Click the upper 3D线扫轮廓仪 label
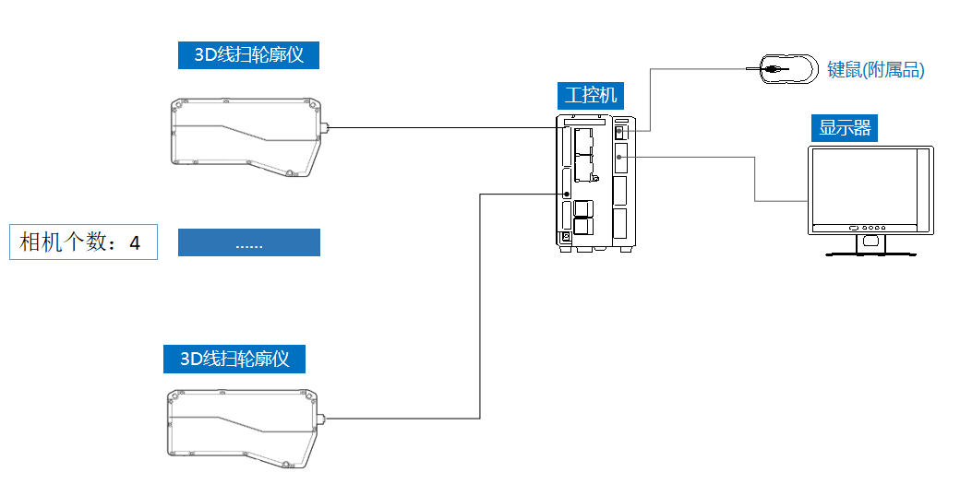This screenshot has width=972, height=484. tap(249, 55)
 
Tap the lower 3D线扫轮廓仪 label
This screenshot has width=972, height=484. tap(234, 359)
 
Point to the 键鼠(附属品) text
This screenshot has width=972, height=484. tap(875, 70)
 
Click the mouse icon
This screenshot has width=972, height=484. tap(788, 68)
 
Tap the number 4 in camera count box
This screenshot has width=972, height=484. tap(135, 243)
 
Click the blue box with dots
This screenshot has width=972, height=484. tap(248, 242)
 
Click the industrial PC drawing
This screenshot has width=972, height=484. tap(595, 184)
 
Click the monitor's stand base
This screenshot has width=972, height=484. tap(870, 252)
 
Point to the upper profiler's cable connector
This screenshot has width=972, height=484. tap(324, 128)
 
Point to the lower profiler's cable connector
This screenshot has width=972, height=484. tap(323, 419)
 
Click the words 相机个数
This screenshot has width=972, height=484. tap(65, 243)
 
